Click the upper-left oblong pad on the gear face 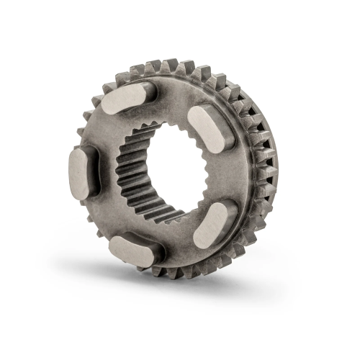point(127,99)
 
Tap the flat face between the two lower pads point(176,241)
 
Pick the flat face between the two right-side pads point(229,173)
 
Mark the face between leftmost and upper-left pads point(101,130)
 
